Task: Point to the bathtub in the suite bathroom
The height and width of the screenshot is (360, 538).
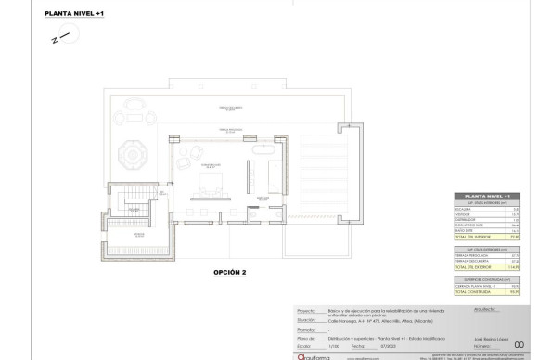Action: [x=256, y=148]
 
